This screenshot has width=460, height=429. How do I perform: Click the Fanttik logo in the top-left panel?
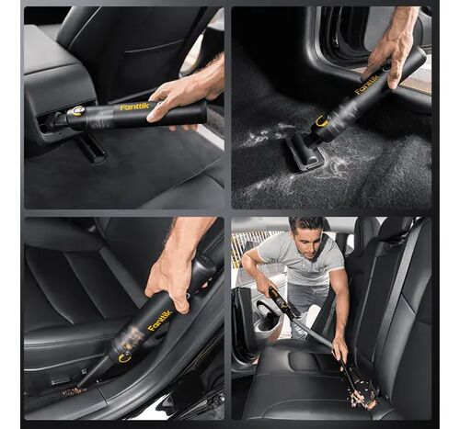[x=135, y=107]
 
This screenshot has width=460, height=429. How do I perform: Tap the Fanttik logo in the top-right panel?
[x=367, y=85]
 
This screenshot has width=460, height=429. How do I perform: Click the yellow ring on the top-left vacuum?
[x=77, y=111]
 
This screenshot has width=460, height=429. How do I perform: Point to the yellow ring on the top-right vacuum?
[x=322, y=121]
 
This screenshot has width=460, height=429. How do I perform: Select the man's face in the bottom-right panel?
[x=305, y=240]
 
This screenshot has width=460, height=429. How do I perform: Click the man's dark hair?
[x=306, y=224]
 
